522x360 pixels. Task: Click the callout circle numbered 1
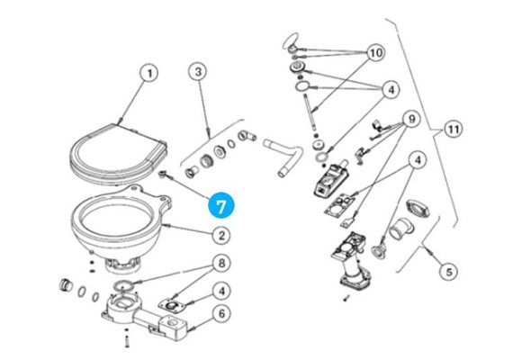[149, 73]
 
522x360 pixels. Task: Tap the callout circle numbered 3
[199, 72]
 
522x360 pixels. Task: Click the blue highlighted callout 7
[222, 205]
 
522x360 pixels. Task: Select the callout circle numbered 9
[409, 119]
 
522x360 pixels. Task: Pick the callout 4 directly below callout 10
[391, 89]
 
